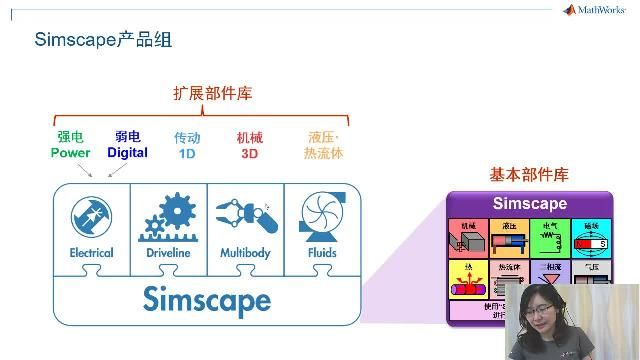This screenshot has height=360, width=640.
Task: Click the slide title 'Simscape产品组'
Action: (x=103, y=41)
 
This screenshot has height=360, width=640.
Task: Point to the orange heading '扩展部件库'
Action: (x=212, y=93)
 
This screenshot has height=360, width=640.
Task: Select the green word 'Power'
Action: (x=70, y=153)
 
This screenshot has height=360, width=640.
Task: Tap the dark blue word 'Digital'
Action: (x=127, y=153)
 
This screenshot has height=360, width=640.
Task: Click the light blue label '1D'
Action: (x=186, y=153)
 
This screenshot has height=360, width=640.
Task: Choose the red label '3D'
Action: (x=250, y=153)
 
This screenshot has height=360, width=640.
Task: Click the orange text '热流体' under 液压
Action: (x=323, y=153)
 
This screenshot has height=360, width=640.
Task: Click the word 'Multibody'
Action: (x=245, y=253)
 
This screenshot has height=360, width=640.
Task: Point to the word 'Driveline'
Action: (x=168, y=253)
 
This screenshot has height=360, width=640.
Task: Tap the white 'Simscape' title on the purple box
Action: (x=529, y=204)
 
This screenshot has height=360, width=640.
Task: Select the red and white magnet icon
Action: (x=590, y=243)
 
